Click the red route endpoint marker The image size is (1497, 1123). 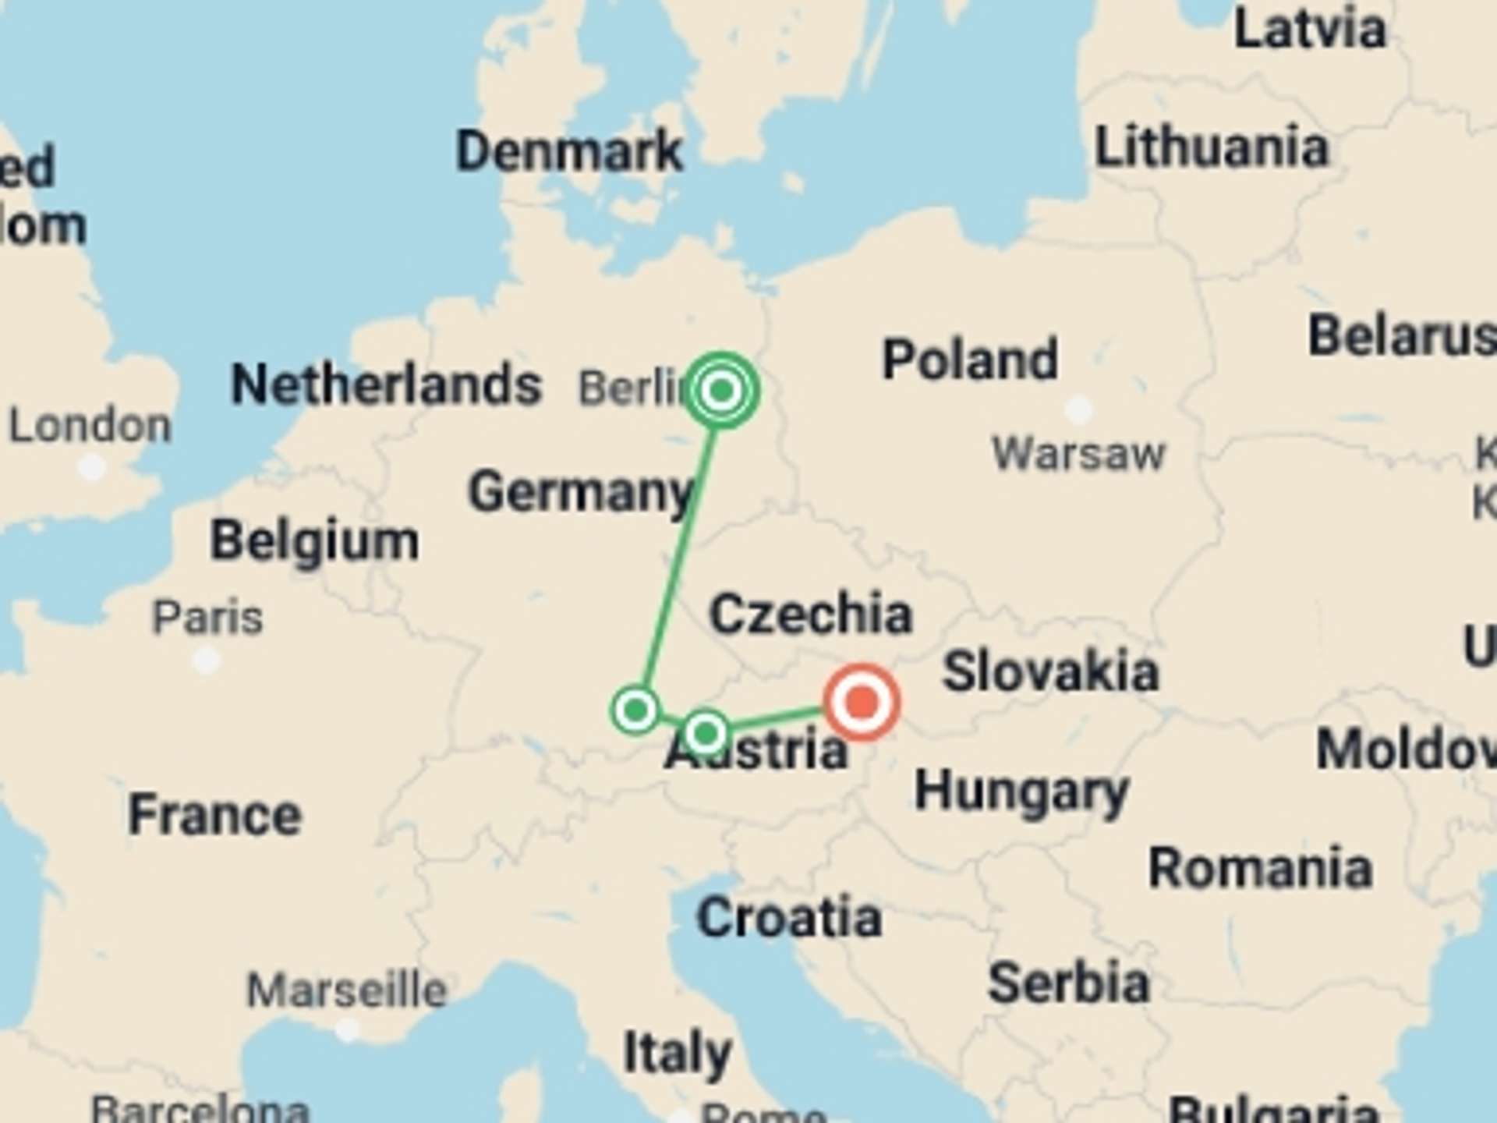click(x=862, y=702)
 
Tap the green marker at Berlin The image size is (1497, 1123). click(x=721, y=390)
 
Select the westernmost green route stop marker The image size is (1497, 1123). click(x=636, y=710)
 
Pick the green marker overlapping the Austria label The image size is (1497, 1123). click(x=706, y=733)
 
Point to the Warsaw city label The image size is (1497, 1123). click(x=1078, y=453)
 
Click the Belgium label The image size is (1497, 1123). click(x=314, y=540)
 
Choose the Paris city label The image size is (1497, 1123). click(x=207, y=618)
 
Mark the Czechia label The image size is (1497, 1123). click(x=810, y=614)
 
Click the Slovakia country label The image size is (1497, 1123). click(x=1050, y=671)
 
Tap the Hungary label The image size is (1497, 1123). click(x=1021, y=792)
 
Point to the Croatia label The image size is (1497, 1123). click(x=789, y=917)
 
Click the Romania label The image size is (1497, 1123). click(x=1260, y=867)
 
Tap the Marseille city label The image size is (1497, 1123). click(x=347, y=990)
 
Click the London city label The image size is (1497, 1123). click(x=90, y=426)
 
